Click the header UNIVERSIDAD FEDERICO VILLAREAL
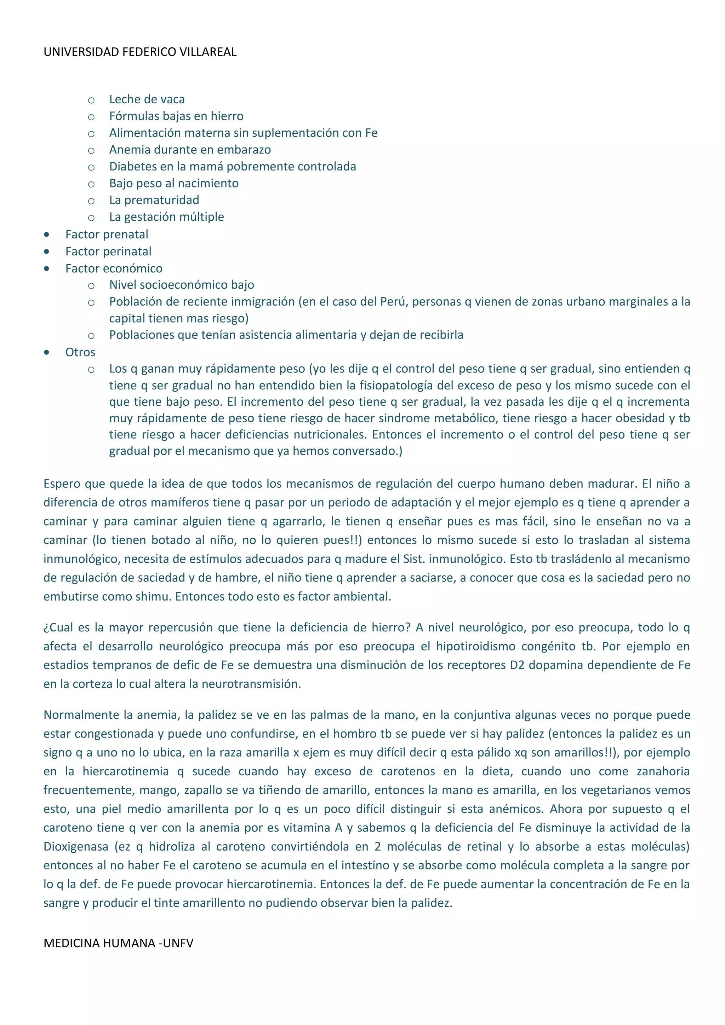(140, 52)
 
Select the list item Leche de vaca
(147, 99)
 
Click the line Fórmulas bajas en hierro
(176, 116)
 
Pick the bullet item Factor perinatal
(108, 251)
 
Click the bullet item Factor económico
(114, 268)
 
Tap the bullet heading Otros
(80, 352)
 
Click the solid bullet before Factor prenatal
(47, 235)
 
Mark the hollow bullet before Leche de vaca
(91, 100)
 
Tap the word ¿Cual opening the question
(59, 628)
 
